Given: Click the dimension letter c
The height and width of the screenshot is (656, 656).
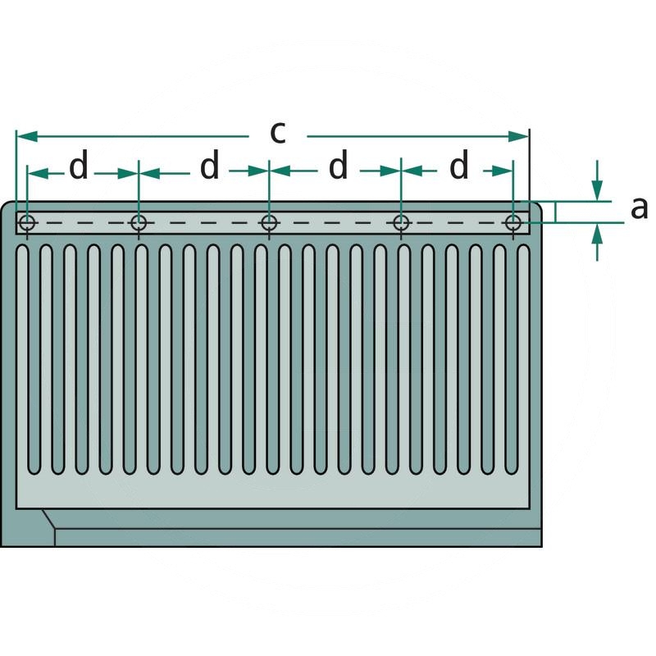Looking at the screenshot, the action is pyautogui.click(x=278, y=133).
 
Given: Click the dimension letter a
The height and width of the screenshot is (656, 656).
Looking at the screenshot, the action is pyautogui.click(x=639, y=208).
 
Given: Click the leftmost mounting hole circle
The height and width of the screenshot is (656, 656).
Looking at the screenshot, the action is pyautogui.click(x=27, y=222).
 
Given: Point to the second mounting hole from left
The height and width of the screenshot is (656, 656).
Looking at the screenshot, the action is pyautogui.click(x=139, y=222).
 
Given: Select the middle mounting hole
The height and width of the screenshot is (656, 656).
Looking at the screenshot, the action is pyautogui.click(x=269, y=222).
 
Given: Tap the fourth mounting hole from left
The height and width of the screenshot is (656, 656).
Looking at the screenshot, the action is pyautogui.click(x=401, y=222).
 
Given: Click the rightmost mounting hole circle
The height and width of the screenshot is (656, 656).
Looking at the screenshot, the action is pyautogui.click(x=513, y=222).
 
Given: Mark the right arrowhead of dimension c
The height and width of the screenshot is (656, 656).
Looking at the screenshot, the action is pyautogui.click(x=518, y=136).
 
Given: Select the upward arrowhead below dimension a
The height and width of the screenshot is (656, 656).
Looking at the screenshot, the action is pyautogui.click(x=597, y=234).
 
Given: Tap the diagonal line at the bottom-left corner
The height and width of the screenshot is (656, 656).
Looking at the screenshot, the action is pyautogui.click(x=48, y=519).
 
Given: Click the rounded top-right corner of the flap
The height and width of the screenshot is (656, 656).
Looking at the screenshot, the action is pyautogui.click(x=535, y=207).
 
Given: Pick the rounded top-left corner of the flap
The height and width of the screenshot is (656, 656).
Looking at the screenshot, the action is pyautogui.click(x=7, y=208).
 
